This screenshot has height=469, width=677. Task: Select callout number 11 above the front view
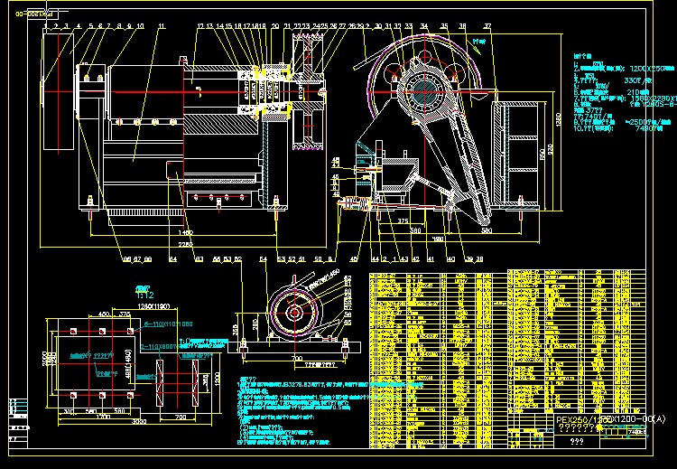tap(161, 27)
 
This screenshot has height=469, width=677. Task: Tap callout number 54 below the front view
tap(263, 259)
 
